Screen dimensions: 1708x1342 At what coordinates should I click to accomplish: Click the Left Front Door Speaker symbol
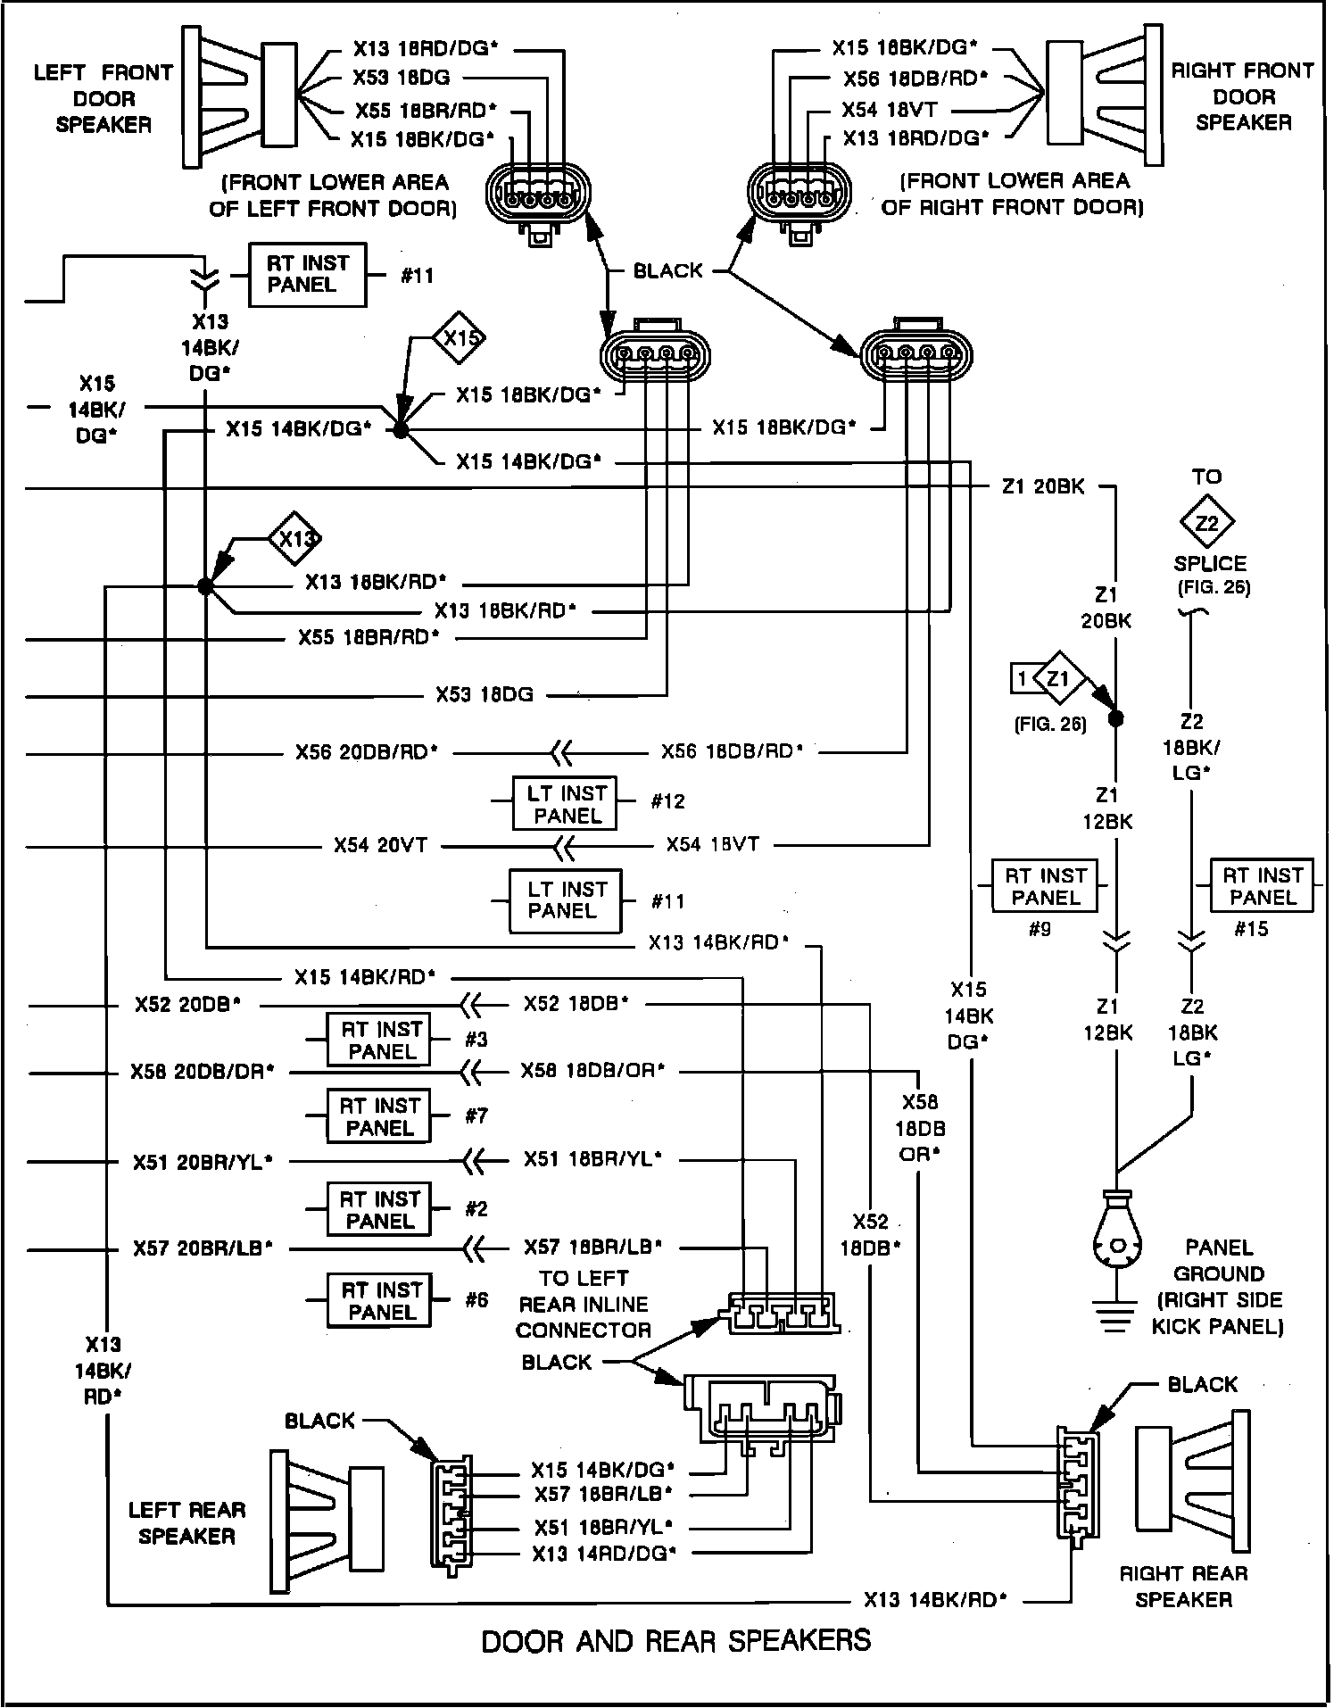(239, 95)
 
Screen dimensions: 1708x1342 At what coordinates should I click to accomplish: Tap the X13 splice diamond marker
(295, 539)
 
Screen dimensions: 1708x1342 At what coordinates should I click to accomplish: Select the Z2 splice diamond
(1206, 523)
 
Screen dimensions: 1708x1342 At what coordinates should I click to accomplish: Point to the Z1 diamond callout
(1058, 680)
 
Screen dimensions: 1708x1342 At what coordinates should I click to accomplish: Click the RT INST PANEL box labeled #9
(1046, 886)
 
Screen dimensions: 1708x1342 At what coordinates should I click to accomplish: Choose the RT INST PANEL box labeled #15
(1262, 886)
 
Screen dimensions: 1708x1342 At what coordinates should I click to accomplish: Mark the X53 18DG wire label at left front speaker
(401, 79)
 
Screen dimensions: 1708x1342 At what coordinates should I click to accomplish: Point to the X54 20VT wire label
(380, 845)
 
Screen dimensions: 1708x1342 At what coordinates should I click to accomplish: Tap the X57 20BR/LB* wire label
(203, 1248)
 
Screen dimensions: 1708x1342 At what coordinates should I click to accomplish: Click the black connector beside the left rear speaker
(451, 1512)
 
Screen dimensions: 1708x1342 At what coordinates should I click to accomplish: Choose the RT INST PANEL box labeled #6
(381, 1301)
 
